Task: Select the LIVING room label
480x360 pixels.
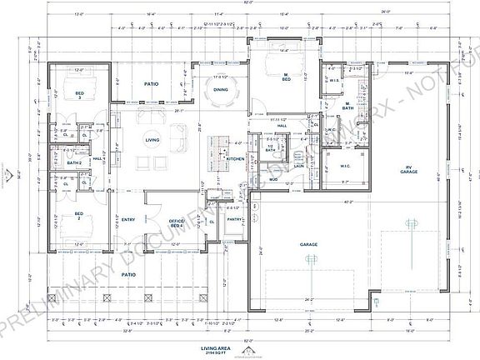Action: (x=152, y=140)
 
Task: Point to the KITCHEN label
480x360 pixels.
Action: (x=235, y=157)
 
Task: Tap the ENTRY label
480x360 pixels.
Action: (x=127, y=219)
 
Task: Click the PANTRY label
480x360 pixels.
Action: (x=235, y=219)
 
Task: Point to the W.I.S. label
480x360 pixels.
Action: (x=334, y=81)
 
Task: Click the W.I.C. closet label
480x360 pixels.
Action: (x=345, y=165)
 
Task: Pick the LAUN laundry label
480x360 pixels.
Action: (x=297, y=165)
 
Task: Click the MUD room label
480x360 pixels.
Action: (x=272, y=178)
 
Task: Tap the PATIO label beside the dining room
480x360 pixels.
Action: (x=151, y=84)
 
